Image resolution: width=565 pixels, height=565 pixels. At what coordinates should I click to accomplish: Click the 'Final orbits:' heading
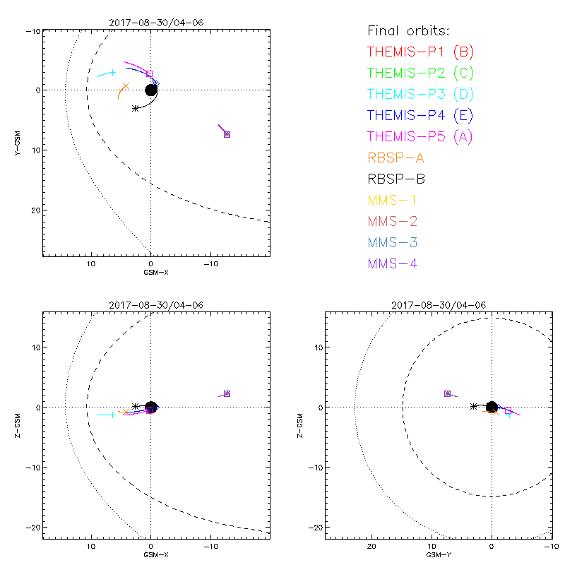click(408, 30)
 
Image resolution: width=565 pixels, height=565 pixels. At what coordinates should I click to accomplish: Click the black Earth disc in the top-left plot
click(150, 90)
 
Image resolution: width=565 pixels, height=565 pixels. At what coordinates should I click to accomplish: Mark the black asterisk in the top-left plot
click(135, 108)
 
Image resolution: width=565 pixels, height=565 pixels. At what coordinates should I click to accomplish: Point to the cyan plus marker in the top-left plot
click(113, 72)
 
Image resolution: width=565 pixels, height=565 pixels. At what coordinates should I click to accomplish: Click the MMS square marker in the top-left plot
click(227, 134)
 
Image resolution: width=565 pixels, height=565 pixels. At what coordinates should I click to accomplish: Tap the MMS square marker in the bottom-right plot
click(447, 393)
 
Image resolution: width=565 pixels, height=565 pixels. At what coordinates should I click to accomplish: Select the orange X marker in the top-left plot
click(126, 86)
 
